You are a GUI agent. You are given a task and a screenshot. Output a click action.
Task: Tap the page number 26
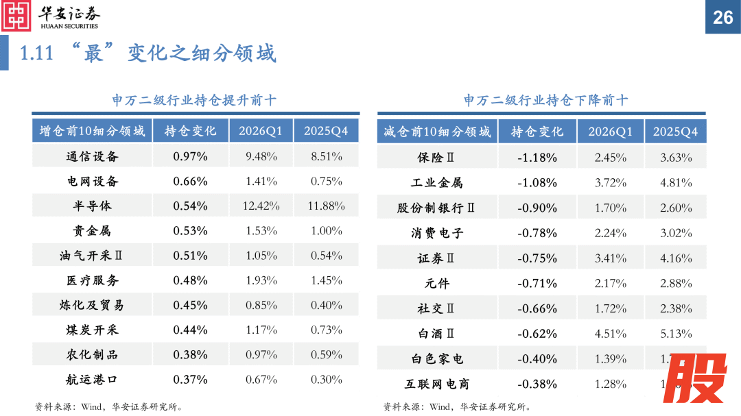tap(723, 17)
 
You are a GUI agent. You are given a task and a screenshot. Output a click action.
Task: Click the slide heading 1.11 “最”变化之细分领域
tap(148, 53)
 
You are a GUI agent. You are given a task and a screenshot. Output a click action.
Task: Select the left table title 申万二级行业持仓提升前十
tap(194, 100)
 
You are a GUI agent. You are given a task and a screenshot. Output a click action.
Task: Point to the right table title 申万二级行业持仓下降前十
tap(545, 100)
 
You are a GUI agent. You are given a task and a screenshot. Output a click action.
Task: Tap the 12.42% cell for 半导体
tap(261, 206)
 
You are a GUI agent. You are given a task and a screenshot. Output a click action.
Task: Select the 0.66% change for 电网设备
tap(190, 181)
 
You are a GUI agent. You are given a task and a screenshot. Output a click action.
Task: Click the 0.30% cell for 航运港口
tap(327, 379)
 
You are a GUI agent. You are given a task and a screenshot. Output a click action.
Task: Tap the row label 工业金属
tap(436, 183)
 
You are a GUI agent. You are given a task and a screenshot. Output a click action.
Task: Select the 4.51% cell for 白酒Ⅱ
tap(611, 334)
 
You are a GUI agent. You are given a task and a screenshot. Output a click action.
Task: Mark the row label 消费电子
tap(437, 233)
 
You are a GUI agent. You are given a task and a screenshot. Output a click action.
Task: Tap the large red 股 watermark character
tap(697, 380)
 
